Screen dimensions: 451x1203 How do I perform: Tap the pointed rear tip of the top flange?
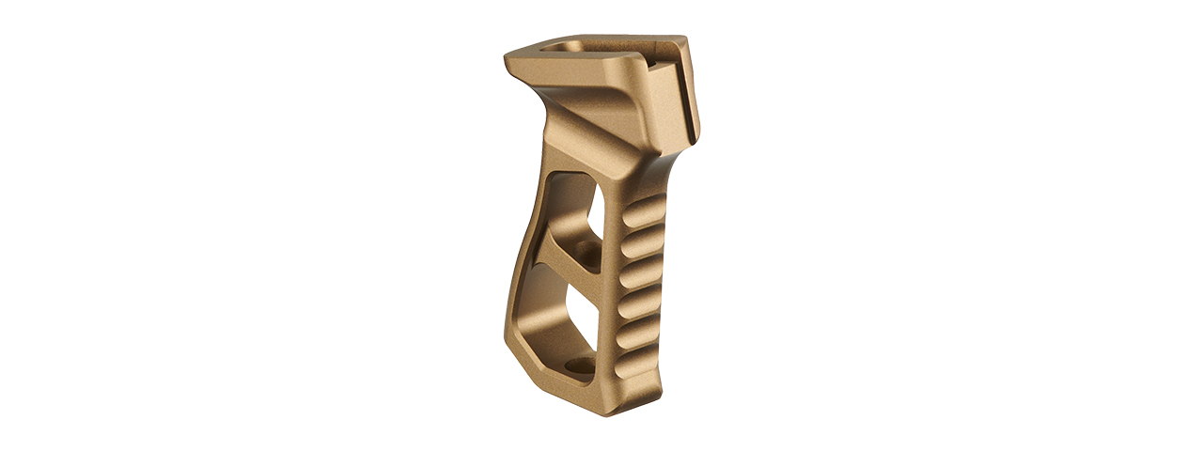pos(508,58)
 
